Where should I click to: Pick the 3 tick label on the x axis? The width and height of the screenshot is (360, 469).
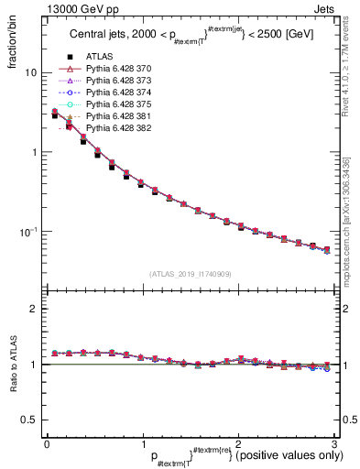(x=334, y=444)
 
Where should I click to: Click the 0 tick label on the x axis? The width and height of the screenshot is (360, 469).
(x=47, y=444)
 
